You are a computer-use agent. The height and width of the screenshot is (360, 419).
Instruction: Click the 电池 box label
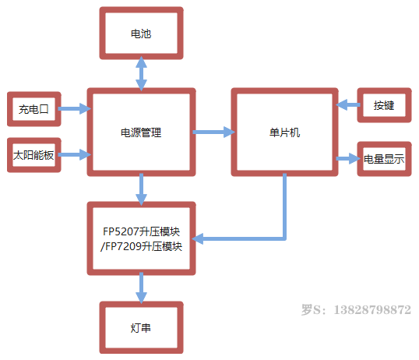[x=141, y=34]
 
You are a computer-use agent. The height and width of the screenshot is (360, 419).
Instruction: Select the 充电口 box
[x=34, y=109]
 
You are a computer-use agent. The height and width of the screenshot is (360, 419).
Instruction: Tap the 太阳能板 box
[x=34, y=155]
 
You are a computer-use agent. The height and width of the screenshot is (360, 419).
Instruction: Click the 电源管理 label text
[x=141, y=132]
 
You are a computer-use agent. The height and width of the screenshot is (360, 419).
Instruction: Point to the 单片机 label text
[x=284, y=132]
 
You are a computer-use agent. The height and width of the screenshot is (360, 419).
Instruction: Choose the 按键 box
[x=384, y=105]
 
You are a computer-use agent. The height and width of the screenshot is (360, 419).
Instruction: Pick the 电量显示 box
[x=384, y=159]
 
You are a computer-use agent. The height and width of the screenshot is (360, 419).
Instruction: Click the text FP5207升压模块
[x=142, y=231]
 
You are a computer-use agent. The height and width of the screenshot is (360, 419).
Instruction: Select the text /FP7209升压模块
[x=141, y=246]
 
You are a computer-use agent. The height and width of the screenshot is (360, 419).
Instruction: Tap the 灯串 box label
[x=140, y=328]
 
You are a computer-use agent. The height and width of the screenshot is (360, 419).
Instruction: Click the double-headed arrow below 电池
[x=141, y=73]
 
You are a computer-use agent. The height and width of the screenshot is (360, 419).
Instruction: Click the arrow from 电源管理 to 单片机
[x=213, y=132]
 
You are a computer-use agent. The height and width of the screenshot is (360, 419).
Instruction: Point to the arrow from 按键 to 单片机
[x=347, y=104]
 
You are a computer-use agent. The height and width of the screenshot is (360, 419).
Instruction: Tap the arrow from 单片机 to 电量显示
[x=348, y=158]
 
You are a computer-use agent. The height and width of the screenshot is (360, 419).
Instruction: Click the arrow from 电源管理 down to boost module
[x=141, y=189]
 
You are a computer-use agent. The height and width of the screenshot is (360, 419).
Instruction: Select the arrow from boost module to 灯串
[x=141, y=288]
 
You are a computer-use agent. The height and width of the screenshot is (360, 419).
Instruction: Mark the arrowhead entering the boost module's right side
[x=198, y=238]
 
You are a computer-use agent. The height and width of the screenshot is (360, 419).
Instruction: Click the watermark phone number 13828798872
[x=372, y=309]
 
